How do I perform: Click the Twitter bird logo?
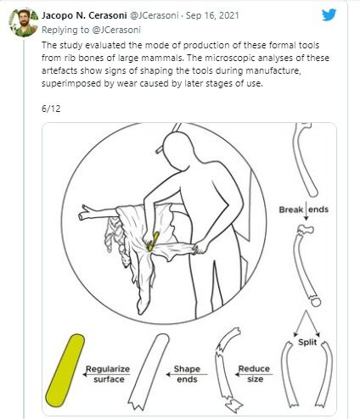click(329, 14)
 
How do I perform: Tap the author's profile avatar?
click(23, 23)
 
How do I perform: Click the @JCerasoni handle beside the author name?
click(154, 15)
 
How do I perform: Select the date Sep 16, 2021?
click(212, 15)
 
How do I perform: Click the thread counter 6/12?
click(51, 109)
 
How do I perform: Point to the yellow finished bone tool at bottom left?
click(65, 371)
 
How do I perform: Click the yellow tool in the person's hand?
click(153, 241)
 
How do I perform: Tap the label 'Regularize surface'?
click(108, 374)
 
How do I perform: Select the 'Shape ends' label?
click(187, 374)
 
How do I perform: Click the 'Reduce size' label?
click(254, 373)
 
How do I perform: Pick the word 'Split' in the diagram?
click(307, 342)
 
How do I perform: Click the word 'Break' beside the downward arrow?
click(291, 209)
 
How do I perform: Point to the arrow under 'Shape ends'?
click(187, 374)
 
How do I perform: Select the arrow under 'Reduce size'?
click(254, 374)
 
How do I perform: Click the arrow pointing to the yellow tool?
click(106, 374)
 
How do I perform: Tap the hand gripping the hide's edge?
click(200, 247)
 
